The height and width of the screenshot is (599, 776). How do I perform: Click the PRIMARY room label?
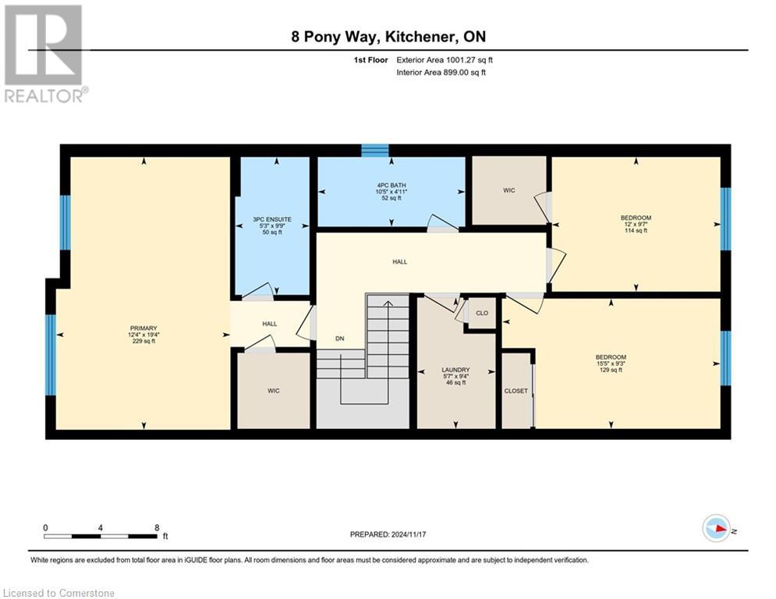(x=144, y=328)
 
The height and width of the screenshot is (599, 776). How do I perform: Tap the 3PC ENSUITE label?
(x=272, y=220)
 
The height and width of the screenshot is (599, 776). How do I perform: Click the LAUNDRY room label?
(x=455, y=370)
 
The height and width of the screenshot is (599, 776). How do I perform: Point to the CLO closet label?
(x=482, y=313)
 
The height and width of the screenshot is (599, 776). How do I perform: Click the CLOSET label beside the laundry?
(x=516, y=391)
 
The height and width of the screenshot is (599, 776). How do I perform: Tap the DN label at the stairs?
(x=339, y=338)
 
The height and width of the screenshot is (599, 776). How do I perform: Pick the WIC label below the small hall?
(x=273, y=390)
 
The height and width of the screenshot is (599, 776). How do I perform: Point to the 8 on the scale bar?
(x=157, y=526)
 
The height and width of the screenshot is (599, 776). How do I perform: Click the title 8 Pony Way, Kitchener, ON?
(x=388, y=37)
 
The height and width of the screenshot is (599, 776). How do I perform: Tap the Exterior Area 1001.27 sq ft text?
(x=445, y=59)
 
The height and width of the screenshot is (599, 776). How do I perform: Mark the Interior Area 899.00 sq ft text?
(x=442, y=73)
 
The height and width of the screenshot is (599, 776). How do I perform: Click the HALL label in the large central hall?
(x=399, y=262)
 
